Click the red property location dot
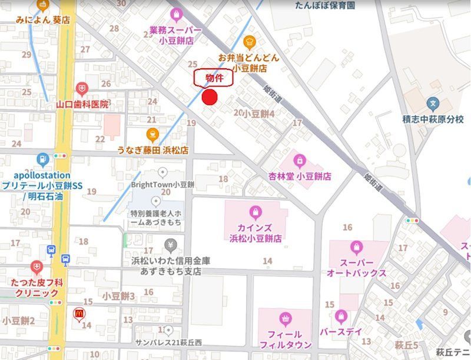click(x=210, y=98)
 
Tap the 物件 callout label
click(x=214, y=78)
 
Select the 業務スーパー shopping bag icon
click(x=175, y=14)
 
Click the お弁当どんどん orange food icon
click(x=249, y=42)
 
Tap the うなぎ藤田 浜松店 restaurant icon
click(x=152, y=134)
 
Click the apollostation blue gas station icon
click(x=42, y=159)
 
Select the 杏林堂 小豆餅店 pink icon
click(x=300, y=160)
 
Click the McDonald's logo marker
click(x=78, y=314)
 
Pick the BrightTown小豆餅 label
click(x=163, y=184)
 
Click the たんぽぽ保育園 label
click(x=325, y=5)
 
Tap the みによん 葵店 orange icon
click(x=42, y=5)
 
